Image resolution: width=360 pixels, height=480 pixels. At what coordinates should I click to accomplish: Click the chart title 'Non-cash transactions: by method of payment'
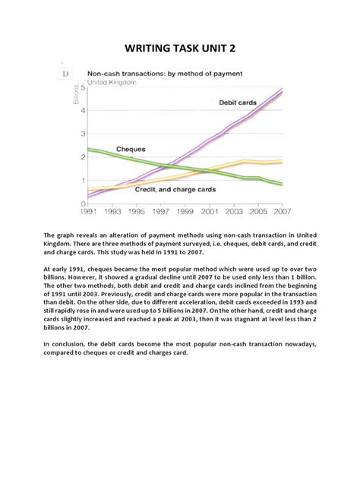pyautogui.click(x=165, y=74)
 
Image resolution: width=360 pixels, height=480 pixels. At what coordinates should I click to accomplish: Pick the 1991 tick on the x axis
pyautogui.click(x=88, y=212)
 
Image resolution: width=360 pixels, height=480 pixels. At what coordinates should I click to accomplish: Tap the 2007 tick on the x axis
pyautogui.click(x=283, y=212)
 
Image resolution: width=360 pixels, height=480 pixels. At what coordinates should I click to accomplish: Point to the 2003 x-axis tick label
pyautogui.click(x=234, y=212)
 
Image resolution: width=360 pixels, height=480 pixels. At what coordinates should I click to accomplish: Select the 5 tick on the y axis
pyautogui.click(x=83, y=89)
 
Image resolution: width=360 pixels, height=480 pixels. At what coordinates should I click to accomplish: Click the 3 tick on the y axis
pyautogui.click(x=83, y=134)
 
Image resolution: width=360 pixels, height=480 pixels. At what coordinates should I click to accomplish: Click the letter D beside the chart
pyautogui.click(x=66, y=74)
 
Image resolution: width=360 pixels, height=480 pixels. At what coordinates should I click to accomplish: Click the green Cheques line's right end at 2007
pyautogui.click(x=283, y=185)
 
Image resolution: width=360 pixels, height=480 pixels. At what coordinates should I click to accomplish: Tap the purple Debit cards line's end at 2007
pyautogui.click(x=283, y=89)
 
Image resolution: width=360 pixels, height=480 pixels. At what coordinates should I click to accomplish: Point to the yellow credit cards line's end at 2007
pyautogui.click(x=283, y=162)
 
